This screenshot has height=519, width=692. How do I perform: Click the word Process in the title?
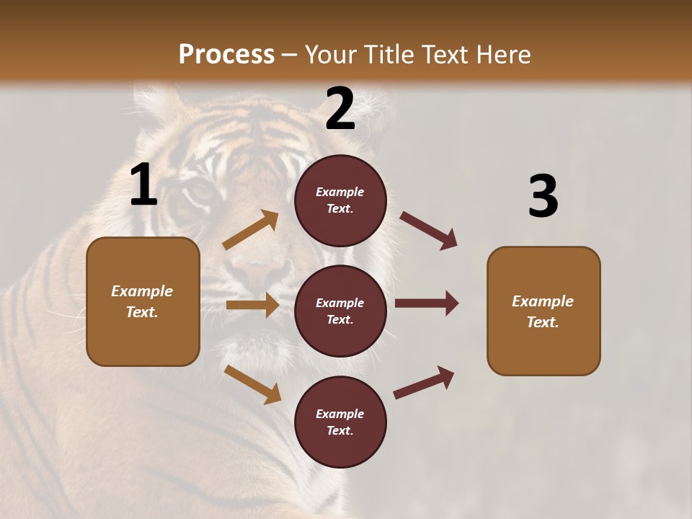coord(226,55)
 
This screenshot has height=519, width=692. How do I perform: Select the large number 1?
coord(143,185)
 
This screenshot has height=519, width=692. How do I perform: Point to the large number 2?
coord(340,109)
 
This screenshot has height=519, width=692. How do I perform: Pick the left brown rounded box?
coord(143,301)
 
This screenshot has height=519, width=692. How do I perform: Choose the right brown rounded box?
coord(544,311)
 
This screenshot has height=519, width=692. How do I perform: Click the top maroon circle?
coord(340,200)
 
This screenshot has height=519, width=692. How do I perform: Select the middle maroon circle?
coord(340,311)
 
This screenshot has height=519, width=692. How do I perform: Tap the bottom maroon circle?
coord(340,422)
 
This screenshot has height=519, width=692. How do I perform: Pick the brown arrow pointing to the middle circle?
coord(252,305)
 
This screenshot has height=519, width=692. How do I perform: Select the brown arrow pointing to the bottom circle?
coord(252,383)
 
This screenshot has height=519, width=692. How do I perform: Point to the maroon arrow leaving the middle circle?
coord(427,303)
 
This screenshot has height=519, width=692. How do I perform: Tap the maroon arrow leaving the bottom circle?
coord(424,383)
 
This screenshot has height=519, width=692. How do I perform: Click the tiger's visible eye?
coord(201,192)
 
